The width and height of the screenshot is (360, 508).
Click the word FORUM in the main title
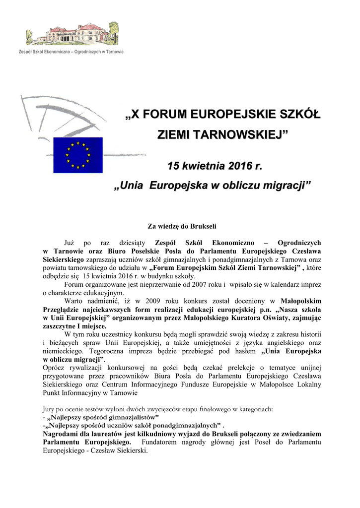coord(165,115)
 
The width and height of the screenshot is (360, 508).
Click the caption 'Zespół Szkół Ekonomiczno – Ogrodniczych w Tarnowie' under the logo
coord(71,52)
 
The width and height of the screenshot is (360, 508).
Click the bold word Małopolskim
coord(301,301)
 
